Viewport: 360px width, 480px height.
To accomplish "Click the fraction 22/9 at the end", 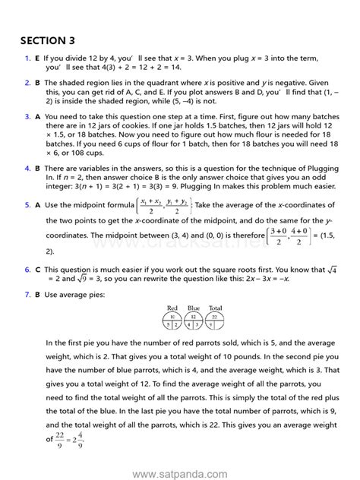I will tap(52, 439).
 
